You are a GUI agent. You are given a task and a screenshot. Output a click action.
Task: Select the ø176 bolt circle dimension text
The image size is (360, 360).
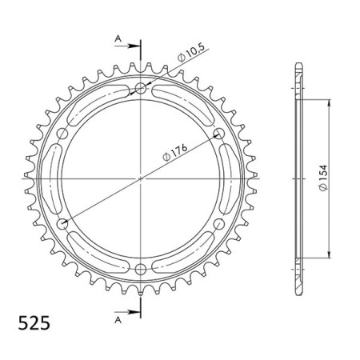click(166, 146)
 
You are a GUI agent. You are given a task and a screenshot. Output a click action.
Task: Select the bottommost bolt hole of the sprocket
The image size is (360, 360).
click(142, 266)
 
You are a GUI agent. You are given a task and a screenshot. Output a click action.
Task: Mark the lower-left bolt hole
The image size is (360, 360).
click(64, 222)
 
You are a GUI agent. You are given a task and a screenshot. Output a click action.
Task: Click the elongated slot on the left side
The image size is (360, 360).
click(53, 178)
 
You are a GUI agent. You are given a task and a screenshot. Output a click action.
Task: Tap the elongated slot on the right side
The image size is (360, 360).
click(230, 178)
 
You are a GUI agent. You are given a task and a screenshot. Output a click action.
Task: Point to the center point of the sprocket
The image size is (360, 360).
click(142, 177)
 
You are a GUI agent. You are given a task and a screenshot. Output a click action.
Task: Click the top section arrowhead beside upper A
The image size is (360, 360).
click(131, 49)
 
